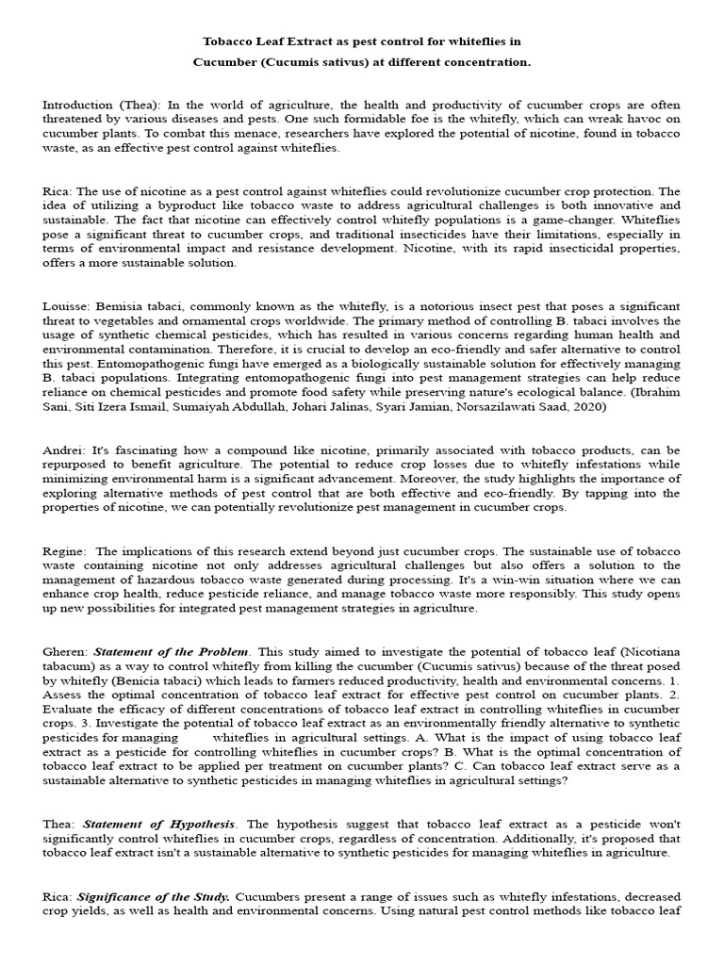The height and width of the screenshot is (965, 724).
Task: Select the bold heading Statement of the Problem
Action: tap(172, 651)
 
